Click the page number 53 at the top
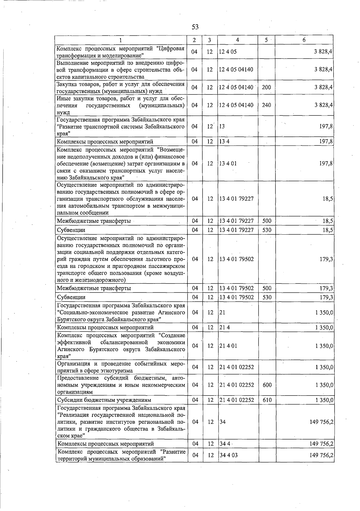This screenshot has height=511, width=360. [x=195, y=27]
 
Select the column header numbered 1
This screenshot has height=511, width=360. [x=121, y=40]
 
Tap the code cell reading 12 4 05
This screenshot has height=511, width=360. [x=228, y=52]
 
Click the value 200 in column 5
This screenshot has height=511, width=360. [x=266, y=87]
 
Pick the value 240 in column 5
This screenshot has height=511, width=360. [x=266, y=105]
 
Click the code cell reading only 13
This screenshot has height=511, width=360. [x=222, y=126]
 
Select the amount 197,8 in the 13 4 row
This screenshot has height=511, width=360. [x=326, y=142]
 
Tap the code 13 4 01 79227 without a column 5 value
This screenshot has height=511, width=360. [x=236, y=199]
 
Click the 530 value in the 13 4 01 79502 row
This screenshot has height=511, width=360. [x=266, y=297]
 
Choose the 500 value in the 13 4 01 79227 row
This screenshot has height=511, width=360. [x=266, y=221]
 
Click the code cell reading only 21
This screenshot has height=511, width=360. [x=222, y=312]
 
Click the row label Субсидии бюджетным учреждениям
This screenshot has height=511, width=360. [x=104, y=400]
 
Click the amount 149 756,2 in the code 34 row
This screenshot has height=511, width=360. [x=321, y=422]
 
